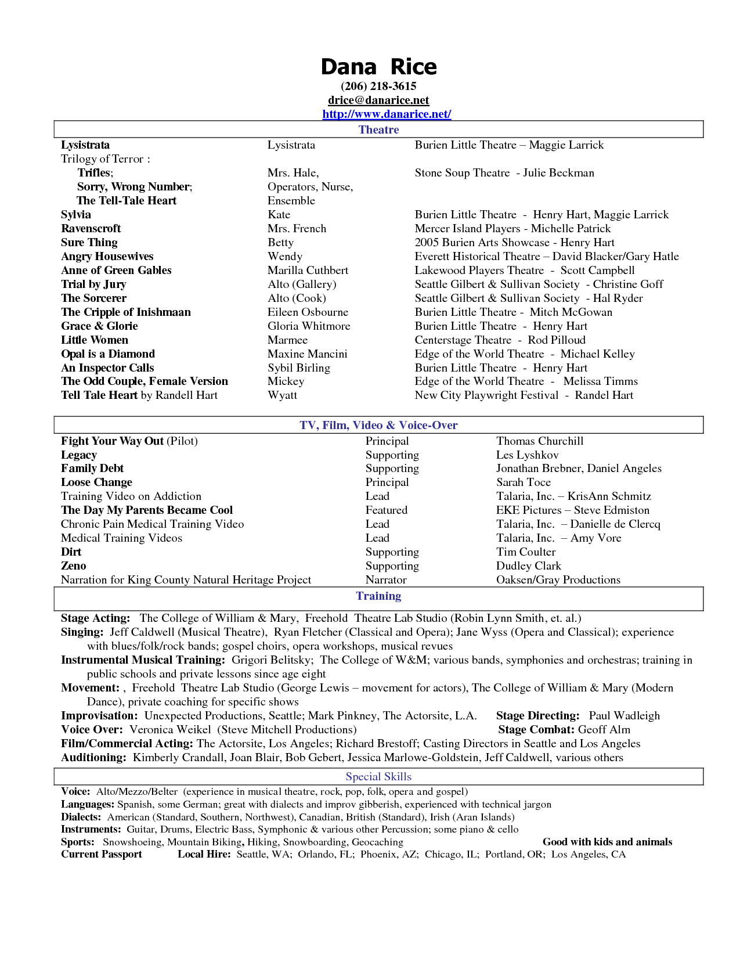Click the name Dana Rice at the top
(378, 67)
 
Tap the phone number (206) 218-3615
(378, 87)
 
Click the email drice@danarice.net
(378, 100)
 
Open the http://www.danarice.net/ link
(387, 114)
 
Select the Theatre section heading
(378, 129)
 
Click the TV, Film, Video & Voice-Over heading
(378, 425)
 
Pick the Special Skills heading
(378, 777)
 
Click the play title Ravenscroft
(91, 229)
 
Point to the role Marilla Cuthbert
(308, 271)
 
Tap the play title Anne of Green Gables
(116, 271)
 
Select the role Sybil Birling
(298, 368)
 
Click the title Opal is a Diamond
(108, 354)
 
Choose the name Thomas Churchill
(540, 441)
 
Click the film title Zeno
(74, 566)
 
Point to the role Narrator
(386, 580)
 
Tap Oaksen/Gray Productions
(558, 580)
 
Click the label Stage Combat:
(536, 730)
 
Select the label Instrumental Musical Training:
(143, 660)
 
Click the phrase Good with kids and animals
(607, 842)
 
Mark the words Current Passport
(102, 855)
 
